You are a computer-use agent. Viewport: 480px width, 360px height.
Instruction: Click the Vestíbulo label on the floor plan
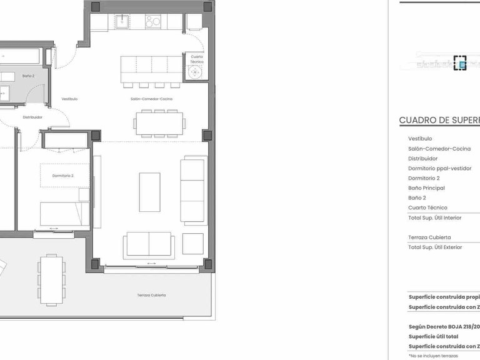point(69,99)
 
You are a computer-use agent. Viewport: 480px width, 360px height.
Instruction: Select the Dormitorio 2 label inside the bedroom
point(63,176)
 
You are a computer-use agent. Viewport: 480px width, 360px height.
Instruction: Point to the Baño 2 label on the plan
point(27,76)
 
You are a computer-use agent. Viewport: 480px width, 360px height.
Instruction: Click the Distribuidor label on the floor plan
point(32,117)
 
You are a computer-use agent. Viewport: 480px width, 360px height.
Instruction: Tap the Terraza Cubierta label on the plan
point(152,295)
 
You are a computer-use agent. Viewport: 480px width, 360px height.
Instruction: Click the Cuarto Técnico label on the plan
point(197,58)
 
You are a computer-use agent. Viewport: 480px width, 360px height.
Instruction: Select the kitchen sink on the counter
point(121,22)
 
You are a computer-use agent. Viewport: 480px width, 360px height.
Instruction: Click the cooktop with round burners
point(153,22)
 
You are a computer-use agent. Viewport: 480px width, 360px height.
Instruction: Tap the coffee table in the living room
point(149,192)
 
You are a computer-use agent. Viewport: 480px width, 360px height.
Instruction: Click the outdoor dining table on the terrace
point(51,279)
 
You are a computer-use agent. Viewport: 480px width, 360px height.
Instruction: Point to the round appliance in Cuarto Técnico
point(197,72)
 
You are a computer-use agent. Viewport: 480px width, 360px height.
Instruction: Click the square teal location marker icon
point(461,63)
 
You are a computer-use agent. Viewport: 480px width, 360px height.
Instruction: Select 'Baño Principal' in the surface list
point(426,188)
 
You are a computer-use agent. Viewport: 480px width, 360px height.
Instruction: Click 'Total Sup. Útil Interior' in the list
point(435,217)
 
